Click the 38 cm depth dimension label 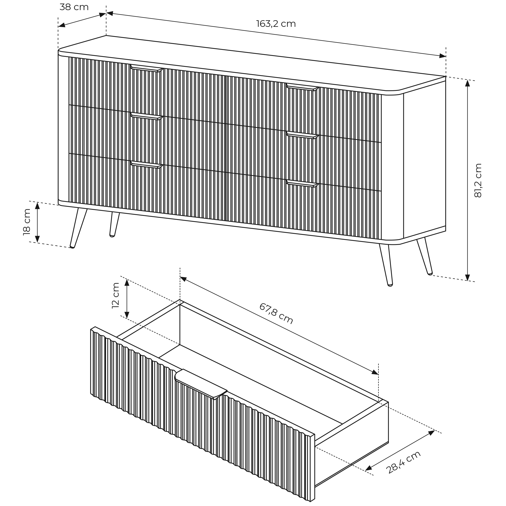(x=74, y=7)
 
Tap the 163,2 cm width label (x=276, y=24)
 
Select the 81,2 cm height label (x=478, y=180)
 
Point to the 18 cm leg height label (x=27, y=222)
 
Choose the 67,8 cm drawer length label (x=276, y=313)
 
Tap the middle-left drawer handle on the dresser (x=147, y=117)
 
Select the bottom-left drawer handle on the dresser (x=147, y=165)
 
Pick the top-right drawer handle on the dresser (x=302, y=87)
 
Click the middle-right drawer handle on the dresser (x=302, y=135)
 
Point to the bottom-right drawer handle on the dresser (x=302, y=184)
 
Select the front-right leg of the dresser (x=386, y=265)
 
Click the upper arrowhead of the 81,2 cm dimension (x=468, y=83)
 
